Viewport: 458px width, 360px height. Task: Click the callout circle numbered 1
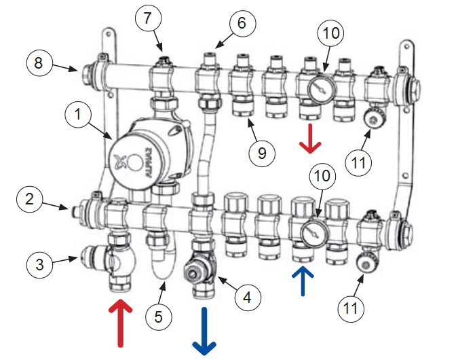[78, 114]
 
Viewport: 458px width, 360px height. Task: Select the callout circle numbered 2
[30, 199]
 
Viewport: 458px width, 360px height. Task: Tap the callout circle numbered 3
[40, 265]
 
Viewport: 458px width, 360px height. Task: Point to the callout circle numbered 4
[248, 298]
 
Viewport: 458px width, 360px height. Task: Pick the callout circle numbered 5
[159, 317]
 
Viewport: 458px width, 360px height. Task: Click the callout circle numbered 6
[242, 23]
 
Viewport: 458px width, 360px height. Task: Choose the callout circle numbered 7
[148, 18]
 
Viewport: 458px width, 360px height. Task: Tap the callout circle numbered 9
[262, 153]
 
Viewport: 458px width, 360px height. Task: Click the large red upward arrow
[120, 323]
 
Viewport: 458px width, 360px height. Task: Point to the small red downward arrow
[310, 139]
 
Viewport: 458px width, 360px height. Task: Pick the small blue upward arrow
[303, 281]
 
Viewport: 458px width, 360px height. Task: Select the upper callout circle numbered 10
[330, 33]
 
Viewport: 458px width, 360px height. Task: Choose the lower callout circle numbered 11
[351, 308]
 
